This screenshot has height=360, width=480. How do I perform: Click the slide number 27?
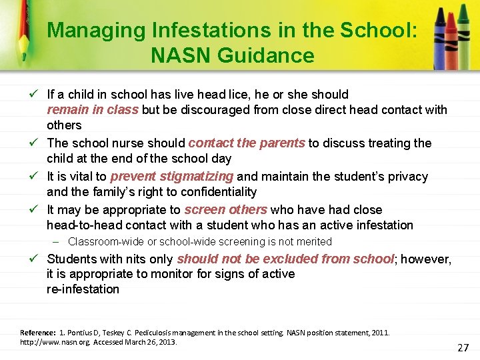[463, 347]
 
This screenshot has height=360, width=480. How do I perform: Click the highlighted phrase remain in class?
[93, 110]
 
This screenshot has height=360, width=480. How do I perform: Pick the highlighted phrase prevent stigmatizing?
[172, 177]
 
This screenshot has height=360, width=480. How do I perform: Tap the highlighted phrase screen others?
[226, 209]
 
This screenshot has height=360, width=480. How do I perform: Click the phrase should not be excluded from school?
[285, 259]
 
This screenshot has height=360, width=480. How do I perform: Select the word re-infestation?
[83, 289]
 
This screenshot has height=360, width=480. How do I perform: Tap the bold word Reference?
[38, 332]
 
